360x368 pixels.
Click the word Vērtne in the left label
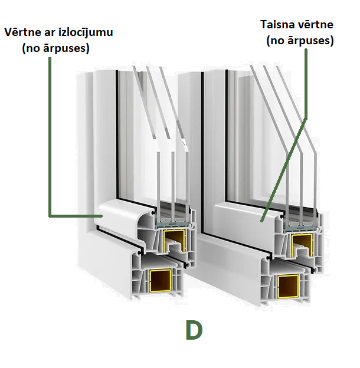tap(21, 32)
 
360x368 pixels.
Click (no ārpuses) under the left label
tap(55, 48)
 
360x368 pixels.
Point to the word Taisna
tap(279, 25)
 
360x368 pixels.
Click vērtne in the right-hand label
tap(316, 25)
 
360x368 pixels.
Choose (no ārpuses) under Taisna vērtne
tap(300, 41)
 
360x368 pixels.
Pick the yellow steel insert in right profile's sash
tap(300, 242)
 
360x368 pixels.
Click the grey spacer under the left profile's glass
tap(172, 223)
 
